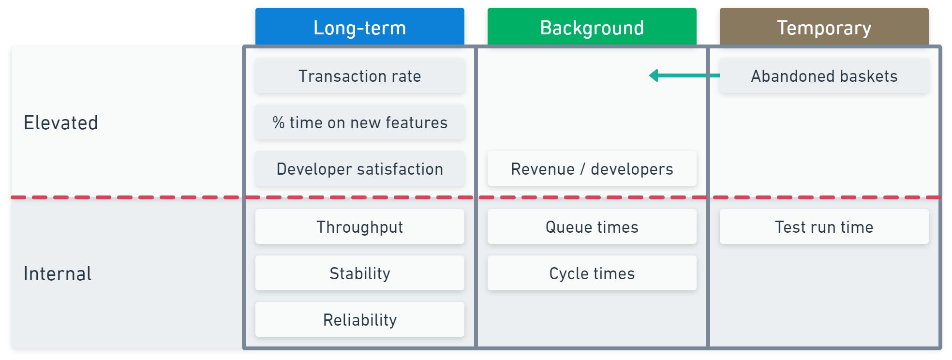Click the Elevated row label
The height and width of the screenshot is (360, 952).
pos(61,123)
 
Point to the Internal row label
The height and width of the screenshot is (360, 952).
pos(58,274)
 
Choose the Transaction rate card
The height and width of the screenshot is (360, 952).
pos(359,76)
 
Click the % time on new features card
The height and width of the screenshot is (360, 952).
pos(359,122)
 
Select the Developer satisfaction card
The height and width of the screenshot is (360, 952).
pos(359,169)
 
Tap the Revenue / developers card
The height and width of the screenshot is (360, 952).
pos(592,169)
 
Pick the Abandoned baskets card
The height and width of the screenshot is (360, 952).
pos(824,76)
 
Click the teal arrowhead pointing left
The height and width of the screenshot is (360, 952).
pos(654,75)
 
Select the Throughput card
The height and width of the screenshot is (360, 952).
pos(359,227)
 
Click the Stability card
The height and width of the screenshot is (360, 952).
pos(359,273)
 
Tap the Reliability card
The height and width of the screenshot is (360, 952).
pos(359,320)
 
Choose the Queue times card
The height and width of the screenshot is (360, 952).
pos(592,227)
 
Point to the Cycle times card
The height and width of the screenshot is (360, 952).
pos(592,273)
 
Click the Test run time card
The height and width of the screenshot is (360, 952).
pos(824,227)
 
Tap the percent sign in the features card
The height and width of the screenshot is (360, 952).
pos(279,122)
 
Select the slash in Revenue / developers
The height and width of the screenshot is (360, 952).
pos(583,169)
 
